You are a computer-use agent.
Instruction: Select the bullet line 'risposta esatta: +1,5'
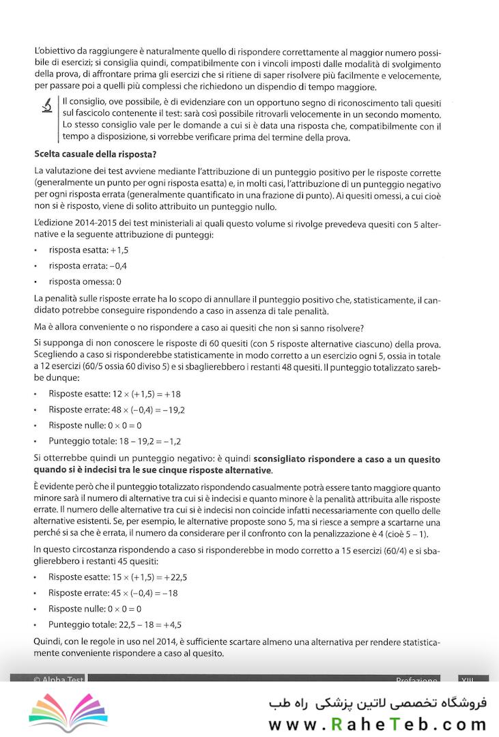pos(89,250)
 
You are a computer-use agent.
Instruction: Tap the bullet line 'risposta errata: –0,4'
pos(88,265)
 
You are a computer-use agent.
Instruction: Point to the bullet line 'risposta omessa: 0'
pos(85,281)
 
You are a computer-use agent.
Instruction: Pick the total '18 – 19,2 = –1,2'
pos(143,441)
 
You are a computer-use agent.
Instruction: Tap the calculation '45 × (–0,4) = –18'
pos(143,592)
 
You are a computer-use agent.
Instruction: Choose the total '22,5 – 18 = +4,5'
pos(143,624)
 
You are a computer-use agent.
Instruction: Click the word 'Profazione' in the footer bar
pos(416,680)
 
